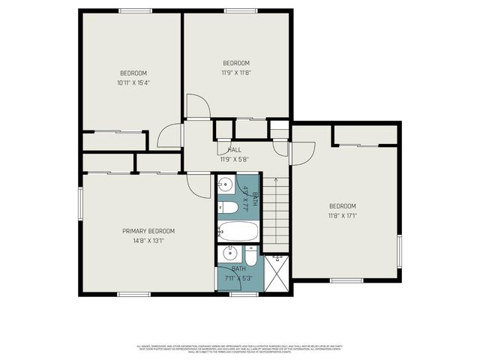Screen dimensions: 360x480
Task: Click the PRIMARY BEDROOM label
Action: pyautogui.click(x=148, y=231)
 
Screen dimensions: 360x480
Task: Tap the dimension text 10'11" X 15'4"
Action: pyautogui.click(x=133, y=83)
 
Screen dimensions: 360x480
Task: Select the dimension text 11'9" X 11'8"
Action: pyautogui.click(x=235, y=73)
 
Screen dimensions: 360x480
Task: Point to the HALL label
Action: pyautogui.click(x=235, y=150)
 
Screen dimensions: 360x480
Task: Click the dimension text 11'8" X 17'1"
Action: pyautogui.click(x=342, y=216)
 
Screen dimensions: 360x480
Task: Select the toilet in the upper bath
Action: pyautogui.click(x=228, y=207)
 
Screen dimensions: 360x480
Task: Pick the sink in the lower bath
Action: pyautogui.click(x=230, y=253)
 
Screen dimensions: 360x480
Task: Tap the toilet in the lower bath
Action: pyautogui.click(x=250, y=256)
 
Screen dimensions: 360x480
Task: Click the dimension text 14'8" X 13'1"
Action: pyautogui.click(x=148, y=241)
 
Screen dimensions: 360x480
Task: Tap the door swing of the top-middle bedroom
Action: pyautogui.click(x=197, y=106)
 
